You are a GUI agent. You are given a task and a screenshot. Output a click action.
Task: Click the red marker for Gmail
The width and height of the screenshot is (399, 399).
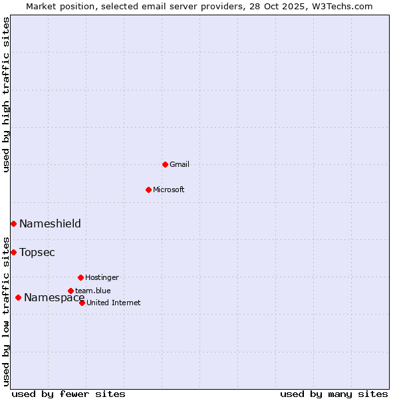click(165, 164)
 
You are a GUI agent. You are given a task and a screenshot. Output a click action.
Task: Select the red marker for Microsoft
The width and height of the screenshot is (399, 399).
click(148, 190)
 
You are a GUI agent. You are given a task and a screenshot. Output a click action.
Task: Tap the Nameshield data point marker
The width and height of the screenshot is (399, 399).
click(13, 223)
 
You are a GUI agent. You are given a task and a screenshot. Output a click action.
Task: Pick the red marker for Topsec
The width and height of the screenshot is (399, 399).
click(13, 252)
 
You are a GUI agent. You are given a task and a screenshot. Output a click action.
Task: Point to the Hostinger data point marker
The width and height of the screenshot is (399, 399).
click(80, 277)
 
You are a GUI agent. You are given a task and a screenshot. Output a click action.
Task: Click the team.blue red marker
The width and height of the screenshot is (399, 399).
click(70, 291)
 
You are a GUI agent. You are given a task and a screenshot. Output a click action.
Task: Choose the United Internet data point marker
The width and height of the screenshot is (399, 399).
click(82, 303)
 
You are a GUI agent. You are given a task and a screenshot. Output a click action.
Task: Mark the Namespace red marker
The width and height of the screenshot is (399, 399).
click(18, 297)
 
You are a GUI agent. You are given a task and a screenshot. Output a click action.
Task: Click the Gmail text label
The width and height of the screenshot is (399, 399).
click(180, 164)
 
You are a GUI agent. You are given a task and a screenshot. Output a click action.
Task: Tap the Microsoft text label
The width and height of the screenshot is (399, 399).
click(169, 190)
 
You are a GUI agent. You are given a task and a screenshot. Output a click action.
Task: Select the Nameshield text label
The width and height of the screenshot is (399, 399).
click(50, 223)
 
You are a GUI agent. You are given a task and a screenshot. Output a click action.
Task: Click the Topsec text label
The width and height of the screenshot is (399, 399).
click(37, 252)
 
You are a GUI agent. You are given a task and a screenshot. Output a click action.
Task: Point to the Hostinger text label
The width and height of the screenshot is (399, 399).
click(102, 277)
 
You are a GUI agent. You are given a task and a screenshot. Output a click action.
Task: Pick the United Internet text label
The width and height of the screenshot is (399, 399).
click(113, 303)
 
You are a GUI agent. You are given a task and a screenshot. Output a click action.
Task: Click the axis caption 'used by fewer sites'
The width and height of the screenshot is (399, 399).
click(68, 394)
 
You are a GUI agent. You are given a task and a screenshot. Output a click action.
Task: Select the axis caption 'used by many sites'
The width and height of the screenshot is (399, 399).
click(334, 394)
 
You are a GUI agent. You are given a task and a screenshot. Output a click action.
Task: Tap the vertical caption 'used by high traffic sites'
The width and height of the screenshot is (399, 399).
click(6, 94)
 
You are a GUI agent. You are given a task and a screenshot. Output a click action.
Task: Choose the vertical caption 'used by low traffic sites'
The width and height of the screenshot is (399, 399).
click(6, 311)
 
